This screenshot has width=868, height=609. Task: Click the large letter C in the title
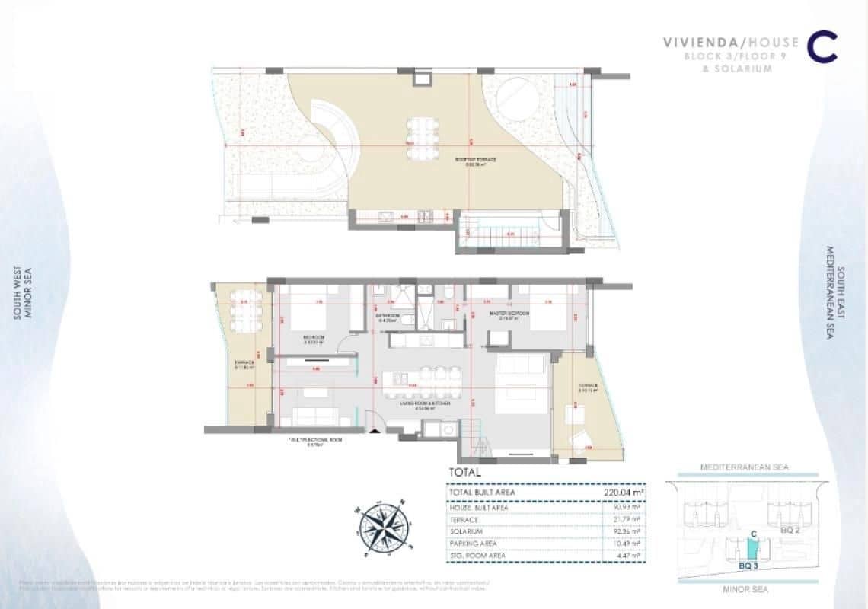pyautogui.click(x=822, y=46)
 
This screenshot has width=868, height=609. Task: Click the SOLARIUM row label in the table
pyautogui.click(x=466, y=531)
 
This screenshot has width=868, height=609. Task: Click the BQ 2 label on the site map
pyautogui.click(x=792, y=531)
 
